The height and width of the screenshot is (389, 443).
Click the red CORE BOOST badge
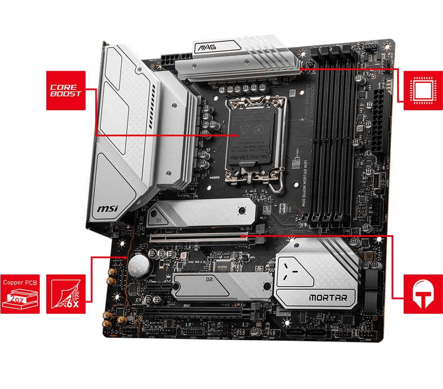[65, 90]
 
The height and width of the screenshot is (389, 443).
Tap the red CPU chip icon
[423, 90]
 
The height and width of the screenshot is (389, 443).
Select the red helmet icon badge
[423, 294]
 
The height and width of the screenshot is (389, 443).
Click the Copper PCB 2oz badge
[20, 294]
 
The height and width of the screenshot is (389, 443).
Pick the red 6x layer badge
[65, 294]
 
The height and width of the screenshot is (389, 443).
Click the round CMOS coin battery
[140, 265]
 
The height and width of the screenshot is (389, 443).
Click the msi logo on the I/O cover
[107, 209]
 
